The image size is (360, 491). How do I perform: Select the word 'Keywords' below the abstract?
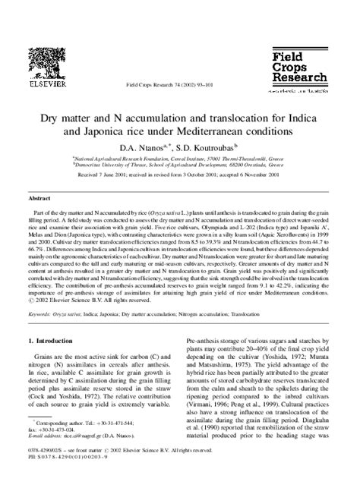pyautogui.click(x=41, y=313)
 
